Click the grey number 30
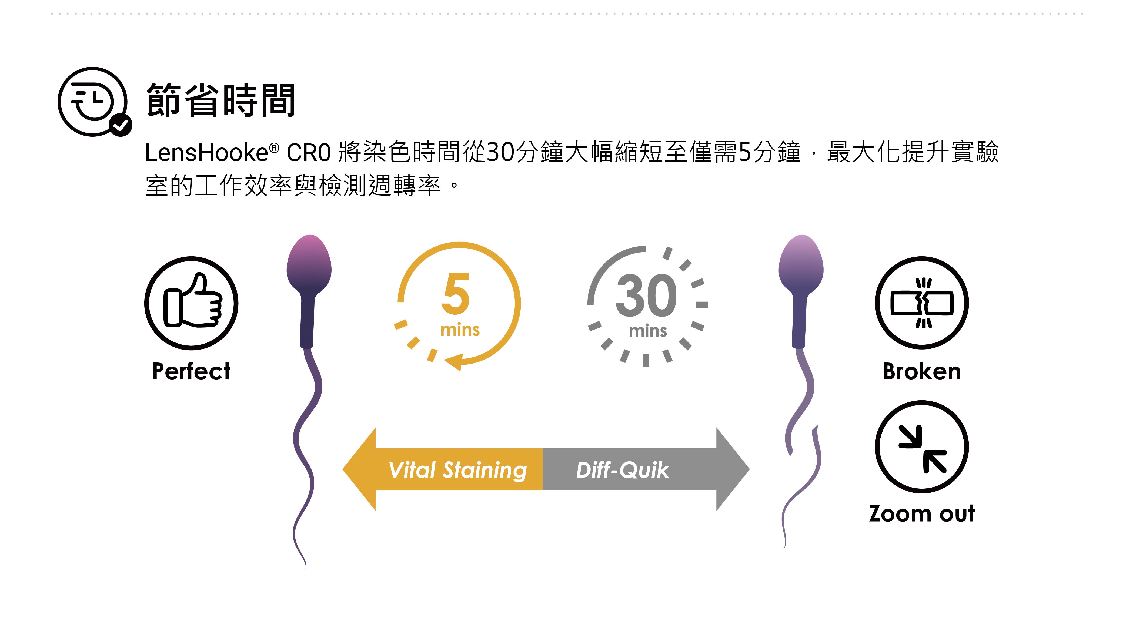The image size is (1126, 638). tap(646, 296)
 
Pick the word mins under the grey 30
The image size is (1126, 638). tap(648, 331)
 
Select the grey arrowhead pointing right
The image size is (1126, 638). tap(732, 469)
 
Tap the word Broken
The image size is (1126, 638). tap(922, 372)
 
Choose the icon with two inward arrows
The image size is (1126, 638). tap(922, 447)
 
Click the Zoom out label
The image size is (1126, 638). tap(922, 513)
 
